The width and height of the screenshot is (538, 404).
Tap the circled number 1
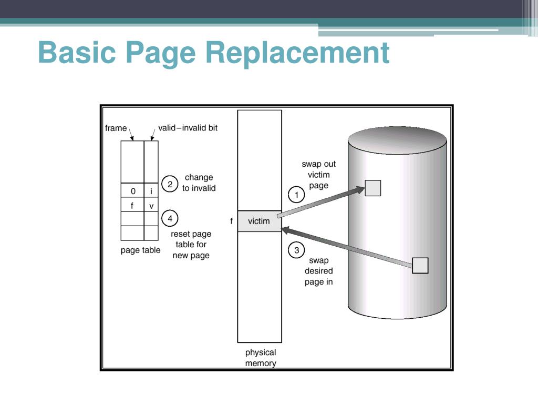coord(296,195)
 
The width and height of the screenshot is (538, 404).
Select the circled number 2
coord(170,184)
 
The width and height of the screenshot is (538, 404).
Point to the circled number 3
coord(296,250)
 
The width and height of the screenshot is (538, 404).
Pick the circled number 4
coord(170,218)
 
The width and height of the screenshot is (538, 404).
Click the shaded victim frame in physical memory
coord(259,221)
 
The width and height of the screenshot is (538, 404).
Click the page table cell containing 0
coord(132,191)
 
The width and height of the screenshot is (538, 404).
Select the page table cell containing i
coord(151,191)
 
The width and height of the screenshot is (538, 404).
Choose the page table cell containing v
coord(151,206)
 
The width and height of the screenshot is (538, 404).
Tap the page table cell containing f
coord(132,206)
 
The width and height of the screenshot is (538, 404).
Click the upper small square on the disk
coord(373,188)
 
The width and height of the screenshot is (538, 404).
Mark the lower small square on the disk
coord(420,266)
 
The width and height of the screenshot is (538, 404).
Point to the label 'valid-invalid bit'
coord(188,128)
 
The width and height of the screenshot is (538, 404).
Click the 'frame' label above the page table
coord(116,128)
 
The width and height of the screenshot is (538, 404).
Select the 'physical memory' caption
coord(261,358)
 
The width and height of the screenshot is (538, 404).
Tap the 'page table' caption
coord(140,250)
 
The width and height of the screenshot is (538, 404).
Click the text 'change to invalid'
coord(199,183)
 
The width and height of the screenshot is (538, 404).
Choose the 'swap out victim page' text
coord(318,175)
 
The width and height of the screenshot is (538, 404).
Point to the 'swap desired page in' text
coord(318,271)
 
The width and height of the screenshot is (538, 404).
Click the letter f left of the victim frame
coord(231,221)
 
